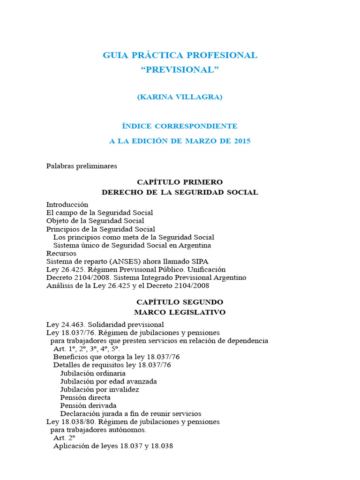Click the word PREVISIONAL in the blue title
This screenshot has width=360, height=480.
(x=180, y=70)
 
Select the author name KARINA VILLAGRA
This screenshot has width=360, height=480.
(x=180, y=97)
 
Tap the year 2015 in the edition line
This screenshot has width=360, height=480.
(x=241, y=141)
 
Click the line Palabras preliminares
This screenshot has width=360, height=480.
(x=82, y=166)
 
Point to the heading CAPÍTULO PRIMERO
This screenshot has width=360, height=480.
(x=180, y=182)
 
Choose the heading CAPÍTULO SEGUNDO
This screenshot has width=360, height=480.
(x=180, y=302)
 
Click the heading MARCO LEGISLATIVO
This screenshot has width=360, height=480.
(x=180, y=312)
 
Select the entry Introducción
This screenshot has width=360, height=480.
(x=67, y=204)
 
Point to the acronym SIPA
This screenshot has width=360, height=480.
(x=200, y=261)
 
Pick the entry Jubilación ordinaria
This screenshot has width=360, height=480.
(x=93, y=373)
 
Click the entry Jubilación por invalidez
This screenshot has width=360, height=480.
(x=99, y=389)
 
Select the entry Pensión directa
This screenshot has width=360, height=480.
(x=85, y=397)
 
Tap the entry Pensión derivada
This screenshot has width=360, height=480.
(x=88, y=405)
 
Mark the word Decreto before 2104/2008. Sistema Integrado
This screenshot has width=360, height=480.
(x=59, y=277)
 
